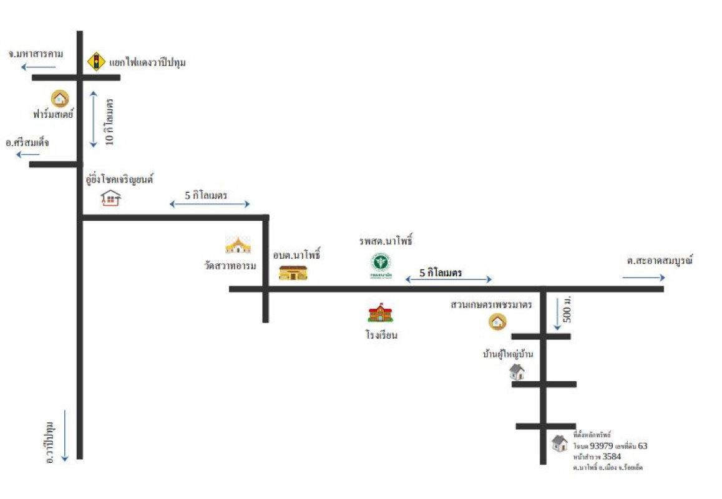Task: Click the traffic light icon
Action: point(95,61)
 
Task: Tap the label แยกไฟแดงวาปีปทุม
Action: point(148,62)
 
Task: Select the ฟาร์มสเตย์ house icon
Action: point(60,98)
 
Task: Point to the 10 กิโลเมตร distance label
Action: point(110,121)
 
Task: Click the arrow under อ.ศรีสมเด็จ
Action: point(28,154)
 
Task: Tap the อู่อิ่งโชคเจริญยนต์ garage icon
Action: point(110,198)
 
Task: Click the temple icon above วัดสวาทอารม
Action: point(238,245)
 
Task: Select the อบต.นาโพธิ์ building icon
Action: point(293,272)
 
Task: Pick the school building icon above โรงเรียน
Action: point(380,312)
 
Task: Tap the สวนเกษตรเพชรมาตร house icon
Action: point(497,321)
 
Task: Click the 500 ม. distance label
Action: point(567,309)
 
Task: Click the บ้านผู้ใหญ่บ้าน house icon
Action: point(517,372)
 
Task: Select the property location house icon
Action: point(560,443)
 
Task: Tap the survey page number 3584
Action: point(611,457)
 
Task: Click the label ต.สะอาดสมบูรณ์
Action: point(660,261)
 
